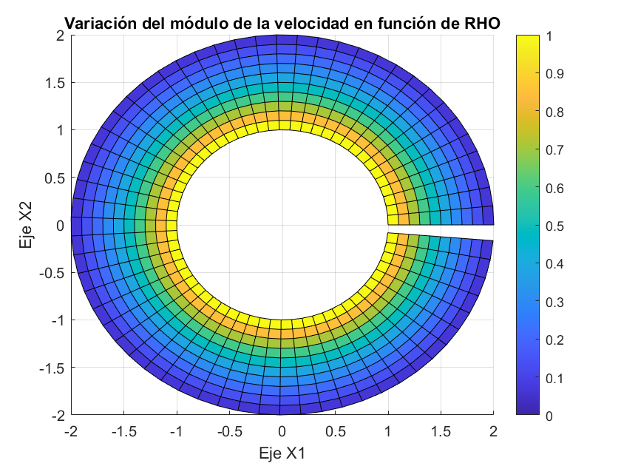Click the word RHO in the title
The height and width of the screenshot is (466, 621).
(x=481, y=23)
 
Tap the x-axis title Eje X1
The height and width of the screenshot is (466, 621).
(x=282, y=452)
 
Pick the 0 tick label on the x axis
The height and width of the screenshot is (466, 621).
(x=282, y=431)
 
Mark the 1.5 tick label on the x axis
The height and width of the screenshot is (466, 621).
(x=440, y=431)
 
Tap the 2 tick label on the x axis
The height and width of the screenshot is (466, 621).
(x=493, y=431)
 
